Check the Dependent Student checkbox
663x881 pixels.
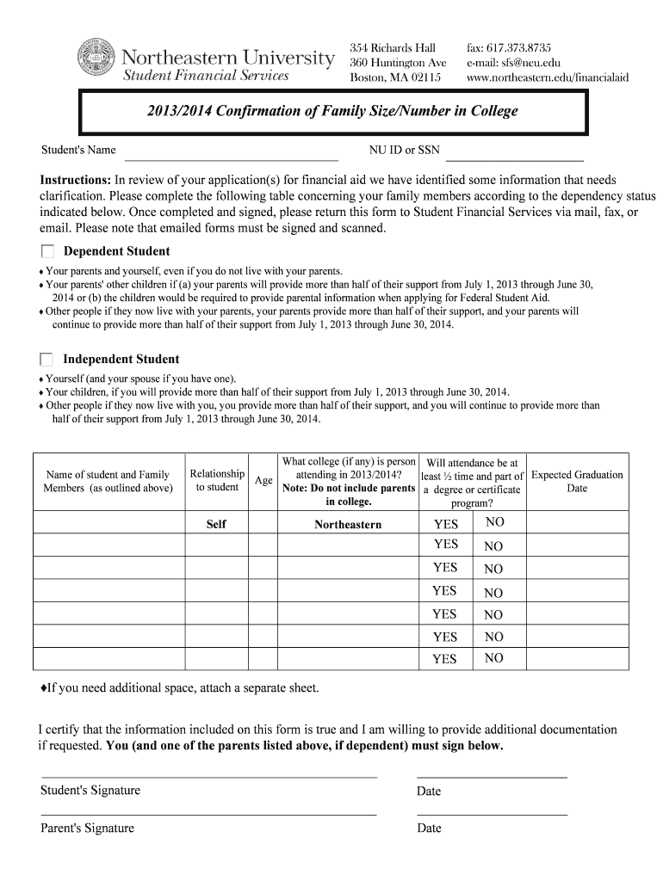[x=47, y=251]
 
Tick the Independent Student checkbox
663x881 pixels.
[x=47, y=360]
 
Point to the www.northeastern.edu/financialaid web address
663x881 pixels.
[x=548, y=77]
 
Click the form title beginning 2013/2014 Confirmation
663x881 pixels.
[x=334, y=111]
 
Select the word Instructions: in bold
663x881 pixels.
[x=76, y=180]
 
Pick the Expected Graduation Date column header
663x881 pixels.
[x=577, y=481]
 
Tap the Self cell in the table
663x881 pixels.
[x=216, y=524]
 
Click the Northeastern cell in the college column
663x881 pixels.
[x=348, y=524]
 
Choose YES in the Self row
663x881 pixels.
[x=446, y=524]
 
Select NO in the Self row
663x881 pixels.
[x=494, y=522]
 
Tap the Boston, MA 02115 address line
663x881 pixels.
[x=395, y=77]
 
